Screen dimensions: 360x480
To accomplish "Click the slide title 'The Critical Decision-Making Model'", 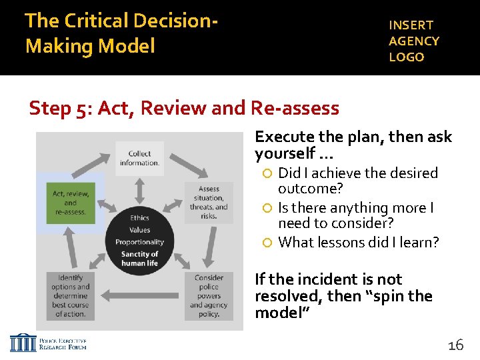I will (120, 33).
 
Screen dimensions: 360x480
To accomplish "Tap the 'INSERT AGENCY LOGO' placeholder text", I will (414, 41).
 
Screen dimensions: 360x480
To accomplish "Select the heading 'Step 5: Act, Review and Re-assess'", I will (184, 107).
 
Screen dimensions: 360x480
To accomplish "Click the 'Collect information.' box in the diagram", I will (139, 158).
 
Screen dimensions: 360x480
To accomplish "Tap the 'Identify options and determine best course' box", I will (69, 295).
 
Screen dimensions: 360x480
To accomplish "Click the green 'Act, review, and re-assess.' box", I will (70, 203).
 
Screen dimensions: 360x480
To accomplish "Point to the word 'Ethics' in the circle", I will (139, 218).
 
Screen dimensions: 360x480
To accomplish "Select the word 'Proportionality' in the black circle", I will (139, 242).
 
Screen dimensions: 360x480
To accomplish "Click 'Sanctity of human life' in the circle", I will (139, 259).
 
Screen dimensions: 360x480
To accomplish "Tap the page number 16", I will (455, 345).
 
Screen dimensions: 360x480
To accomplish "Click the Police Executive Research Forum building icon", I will (23, 343).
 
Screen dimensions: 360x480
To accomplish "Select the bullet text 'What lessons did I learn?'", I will (359, 243).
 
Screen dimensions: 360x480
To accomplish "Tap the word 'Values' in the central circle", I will (139, 230).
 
